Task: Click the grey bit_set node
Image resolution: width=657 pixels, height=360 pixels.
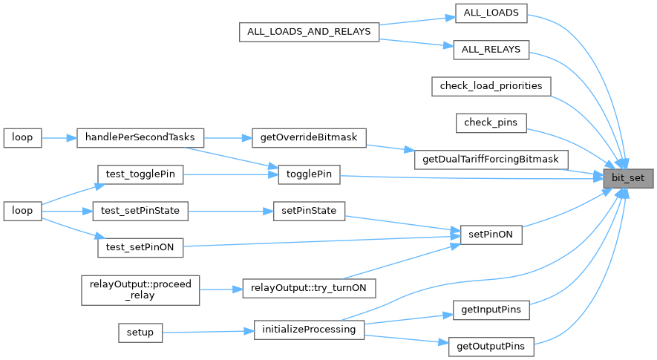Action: coord(628,178)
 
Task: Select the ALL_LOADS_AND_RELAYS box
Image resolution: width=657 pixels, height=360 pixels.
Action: coord(309,32)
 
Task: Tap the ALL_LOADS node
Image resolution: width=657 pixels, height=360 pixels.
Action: coord(491,13)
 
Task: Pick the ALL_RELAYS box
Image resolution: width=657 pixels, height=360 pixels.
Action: coord(491,50)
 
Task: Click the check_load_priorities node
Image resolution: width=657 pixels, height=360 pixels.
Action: coord(491,86)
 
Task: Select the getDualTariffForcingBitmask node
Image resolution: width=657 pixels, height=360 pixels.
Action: coord(491,159)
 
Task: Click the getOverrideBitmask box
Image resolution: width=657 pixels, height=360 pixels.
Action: coord(309,137)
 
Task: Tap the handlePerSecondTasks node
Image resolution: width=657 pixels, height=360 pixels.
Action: coord(140,137)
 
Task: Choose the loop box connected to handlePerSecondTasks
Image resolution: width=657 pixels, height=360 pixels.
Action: coord(22,137)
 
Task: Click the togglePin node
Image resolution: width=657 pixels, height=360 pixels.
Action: coord(309,175)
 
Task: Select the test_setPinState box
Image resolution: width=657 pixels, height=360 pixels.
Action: coord(140,211)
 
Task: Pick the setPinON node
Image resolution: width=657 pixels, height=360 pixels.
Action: coord(491,235)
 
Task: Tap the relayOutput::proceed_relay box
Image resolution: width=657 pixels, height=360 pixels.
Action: coord(140,288)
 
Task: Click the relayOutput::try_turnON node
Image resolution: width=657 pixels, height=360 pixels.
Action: coord(309,287)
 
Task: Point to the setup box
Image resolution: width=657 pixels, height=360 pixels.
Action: coord(140,332)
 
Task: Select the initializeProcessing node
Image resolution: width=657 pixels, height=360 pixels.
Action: coord(309,329)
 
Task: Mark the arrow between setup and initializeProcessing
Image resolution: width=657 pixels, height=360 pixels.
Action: coord(207,331)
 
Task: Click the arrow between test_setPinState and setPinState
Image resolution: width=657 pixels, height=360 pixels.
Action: coord(231,211)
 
